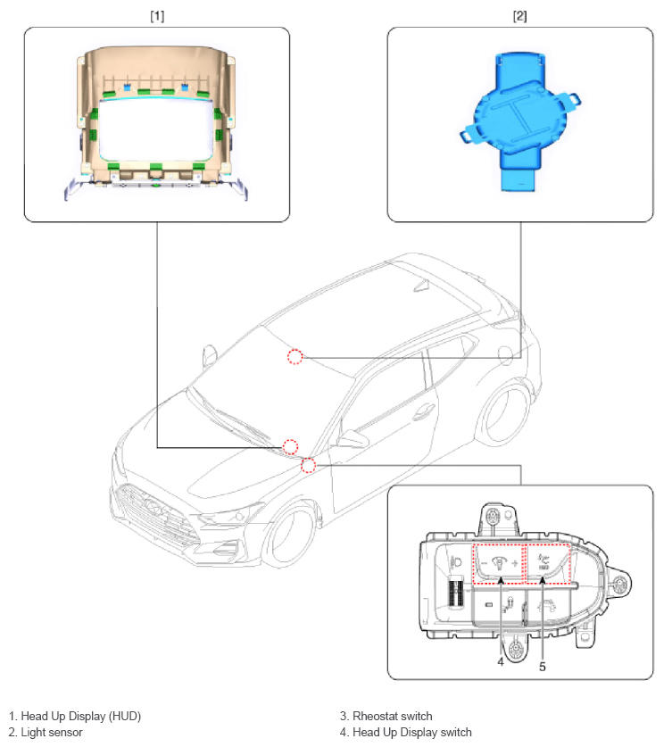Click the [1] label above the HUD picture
tap(157, 16)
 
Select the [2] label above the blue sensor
tap(519, 16)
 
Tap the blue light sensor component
tap(520, 122)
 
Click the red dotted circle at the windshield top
tap(295, 356)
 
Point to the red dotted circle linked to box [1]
tap(291, 447)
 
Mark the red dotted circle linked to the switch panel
tap(308, 466)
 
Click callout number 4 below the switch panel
tap(501, 661)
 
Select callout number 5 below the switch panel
tap(542, 667)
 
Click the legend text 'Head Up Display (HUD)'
tap(81, 716)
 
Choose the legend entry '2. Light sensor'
tap(46, 732)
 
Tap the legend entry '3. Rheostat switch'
tap(386, 716)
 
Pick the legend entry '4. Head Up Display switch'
tap(406, 732)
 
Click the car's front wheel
tap(287, 536)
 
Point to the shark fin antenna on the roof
tap(421, 285)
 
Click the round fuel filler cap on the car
tap(505, 353)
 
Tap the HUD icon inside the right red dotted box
tap(543, 561)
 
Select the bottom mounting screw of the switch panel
tap(515, 649)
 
